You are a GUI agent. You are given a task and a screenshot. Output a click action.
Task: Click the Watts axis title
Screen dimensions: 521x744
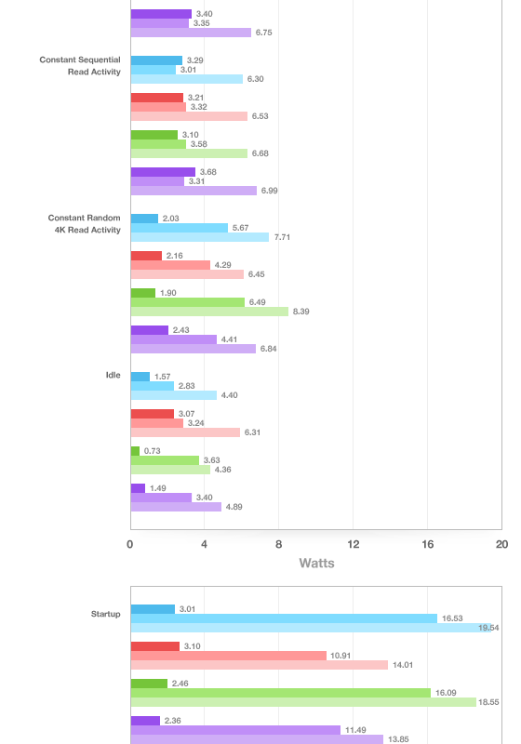click(316, 564)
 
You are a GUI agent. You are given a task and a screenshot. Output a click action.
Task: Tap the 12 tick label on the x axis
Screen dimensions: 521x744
click(353, 544)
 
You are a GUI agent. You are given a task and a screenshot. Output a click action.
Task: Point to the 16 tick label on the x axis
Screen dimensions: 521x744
click(428, 544)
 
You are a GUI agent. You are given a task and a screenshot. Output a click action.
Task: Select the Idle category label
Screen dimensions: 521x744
click(113, 375)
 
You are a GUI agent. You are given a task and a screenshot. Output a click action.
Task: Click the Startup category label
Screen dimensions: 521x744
click(105, 614)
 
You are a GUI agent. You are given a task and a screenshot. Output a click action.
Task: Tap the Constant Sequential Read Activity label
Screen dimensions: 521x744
click(80, 65)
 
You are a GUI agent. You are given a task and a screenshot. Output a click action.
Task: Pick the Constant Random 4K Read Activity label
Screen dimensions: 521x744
click(84, 223)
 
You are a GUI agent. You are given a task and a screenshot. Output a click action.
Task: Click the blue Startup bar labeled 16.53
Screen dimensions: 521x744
click(284, 618)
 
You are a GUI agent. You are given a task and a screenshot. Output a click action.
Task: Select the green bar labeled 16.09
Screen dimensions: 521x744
click(280, 693)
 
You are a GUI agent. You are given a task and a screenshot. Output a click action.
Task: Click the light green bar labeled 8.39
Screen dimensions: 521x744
click(209, 312)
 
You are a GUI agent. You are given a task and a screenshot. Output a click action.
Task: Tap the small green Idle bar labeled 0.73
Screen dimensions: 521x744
click(135, 451)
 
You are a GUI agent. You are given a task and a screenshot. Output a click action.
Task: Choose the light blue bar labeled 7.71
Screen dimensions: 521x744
click(200, 237)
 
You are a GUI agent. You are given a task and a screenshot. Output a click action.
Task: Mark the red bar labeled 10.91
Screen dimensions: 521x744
click(229, 656)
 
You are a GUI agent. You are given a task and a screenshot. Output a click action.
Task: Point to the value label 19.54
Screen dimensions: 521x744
click(488, 628)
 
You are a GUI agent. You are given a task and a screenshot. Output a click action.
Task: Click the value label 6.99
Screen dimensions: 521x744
click(270, 191)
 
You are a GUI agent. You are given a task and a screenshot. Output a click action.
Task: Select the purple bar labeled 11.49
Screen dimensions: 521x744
click(235, 730)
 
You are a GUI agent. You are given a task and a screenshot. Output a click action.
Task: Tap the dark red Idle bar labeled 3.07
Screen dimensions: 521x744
click(153, 414)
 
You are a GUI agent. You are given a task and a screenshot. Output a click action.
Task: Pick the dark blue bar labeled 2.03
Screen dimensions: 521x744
click(144, 219)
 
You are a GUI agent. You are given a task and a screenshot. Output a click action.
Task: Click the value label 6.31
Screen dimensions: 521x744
click(252, 432)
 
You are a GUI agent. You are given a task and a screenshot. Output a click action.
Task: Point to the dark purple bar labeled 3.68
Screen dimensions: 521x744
click(163, 172)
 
